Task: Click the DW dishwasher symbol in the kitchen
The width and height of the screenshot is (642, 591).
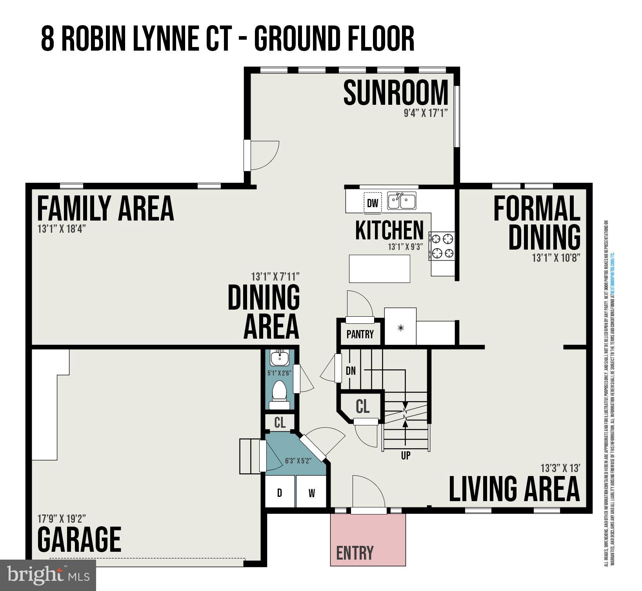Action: pyautogui.click(x=373, y=203)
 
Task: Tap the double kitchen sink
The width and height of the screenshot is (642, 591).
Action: pyautogui.click(x=402, y=201)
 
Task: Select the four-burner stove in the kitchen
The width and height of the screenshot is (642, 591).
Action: pyautogui.click(x=442, y=246)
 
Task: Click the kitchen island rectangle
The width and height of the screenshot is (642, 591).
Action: pyautogui.click(x=379, y=268)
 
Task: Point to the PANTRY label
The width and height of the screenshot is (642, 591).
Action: pyautogui.click(x=360, y=334)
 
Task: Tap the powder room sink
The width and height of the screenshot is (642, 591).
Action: pyautogui.click(x=279, y=358)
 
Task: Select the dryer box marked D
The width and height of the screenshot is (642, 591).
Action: pyautogui.click(x=280, y=493)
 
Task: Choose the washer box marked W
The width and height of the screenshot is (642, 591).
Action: pyautogui.click(x=311, y=493)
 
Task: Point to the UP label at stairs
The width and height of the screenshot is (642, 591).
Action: pyautogui.click(x=406, y=455)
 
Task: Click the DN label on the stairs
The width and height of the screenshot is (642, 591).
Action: pyautogui.click(x=351, y=370)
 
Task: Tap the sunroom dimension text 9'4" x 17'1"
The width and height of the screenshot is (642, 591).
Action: pyautogui.click(x=426, y=113)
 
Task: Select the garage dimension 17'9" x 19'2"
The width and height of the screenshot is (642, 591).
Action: pyautogui.click(x=62, y=519)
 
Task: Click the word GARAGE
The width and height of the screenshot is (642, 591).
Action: pyautogui.click(x=79, y=540)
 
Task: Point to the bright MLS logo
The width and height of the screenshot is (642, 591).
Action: pyautogui.click(x=48, y=575)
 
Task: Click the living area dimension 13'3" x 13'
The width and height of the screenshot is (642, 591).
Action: pyautogui.click(x=560, y=468)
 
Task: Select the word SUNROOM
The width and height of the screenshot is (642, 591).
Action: pyautogui.click(x=395, y=93)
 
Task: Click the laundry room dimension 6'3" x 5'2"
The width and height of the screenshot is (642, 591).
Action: pyautogui.click(x=298, y=461)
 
